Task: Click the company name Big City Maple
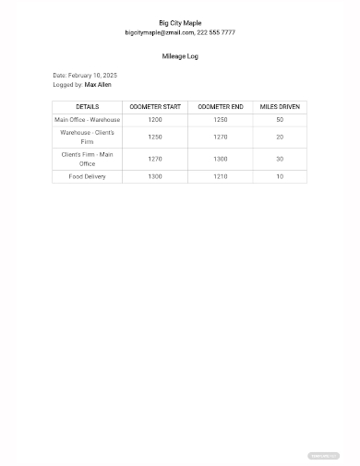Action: pyautogui.click(x=180, y=23)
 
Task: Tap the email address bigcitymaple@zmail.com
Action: pyautogui.click(x=160, y=32)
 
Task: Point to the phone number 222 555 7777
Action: pyautogui.click(x=217, y=32)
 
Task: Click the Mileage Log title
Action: pyautogui.click(x=180, y=56)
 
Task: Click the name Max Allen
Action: pyautogui.click(x=98, y=84)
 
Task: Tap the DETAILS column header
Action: pyautogui.click(x=88, y=107)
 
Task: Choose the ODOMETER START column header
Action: pyautogui.click(x=155, y=107)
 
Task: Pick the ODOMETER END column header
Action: pyautogui.click(x=221, y=107)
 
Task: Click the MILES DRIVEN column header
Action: pyautogui.click(x=280, y=107)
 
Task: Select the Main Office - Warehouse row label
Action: pyautogui.click(x=88, y=120)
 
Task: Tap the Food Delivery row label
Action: pyautogui.click(x=88, y=176)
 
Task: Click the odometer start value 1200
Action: pyautogui.click(x=155, y=120)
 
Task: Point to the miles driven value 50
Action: pyautogui.click(x=280, y=120)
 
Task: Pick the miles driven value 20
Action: pyautogui.click(x=280, y=137)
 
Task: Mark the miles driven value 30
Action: pyautogui.click(x=280, y=159)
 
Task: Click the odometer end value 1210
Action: pyautogui.click(x=221, y=176)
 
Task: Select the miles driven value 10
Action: pyautogui.click(x=280, y=176)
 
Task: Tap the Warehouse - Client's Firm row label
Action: pyautogui.click(x=88, y=137)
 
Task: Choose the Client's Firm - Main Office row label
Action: pyautogui.click(x=88, y=159)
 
